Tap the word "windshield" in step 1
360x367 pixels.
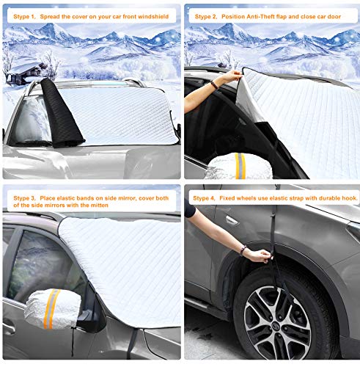(154, 15)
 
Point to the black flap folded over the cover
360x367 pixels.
(52, 110)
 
